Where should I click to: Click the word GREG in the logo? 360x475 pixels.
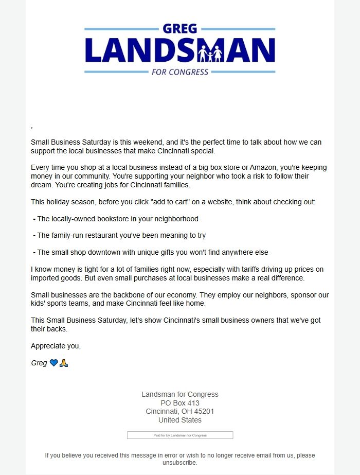click(179, 29)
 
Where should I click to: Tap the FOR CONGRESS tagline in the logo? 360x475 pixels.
click(180, 72)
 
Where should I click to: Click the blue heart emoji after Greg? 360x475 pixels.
click(54, 363)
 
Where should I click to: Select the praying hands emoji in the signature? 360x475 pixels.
click(64, 363)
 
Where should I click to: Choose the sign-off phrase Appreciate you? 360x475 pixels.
click(56, 346)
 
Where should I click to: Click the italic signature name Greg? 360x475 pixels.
click(39, 363)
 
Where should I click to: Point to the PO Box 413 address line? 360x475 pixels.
click(180, 403)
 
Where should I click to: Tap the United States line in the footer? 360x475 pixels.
click(180, 420)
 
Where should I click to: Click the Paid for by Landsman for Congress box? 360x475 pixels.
click(180, 435)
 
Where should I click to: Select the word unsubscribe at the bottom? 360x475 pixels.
click(179, 463)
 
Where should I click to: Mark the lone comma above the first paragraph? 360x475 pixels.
click(32, 127)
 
